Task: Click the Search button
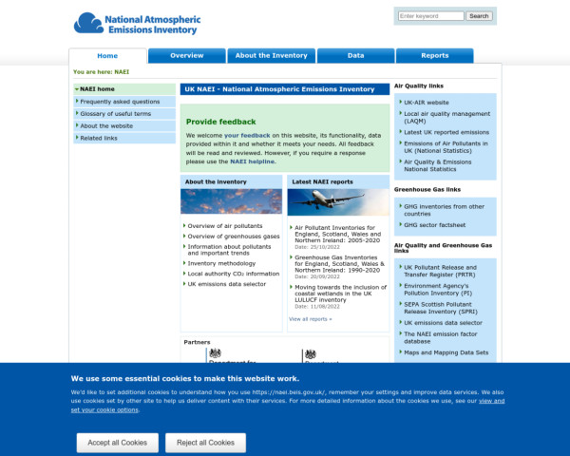coord(479,16)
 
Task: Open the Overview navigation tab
coord(187,56)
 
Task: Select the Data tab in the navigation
coord(355,56)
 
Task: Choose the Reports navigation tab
coord(435,56)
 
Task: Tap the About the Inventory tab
coord(271,56)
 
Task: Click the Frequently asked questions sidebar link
coord(120,101)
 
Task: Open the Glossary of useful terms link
coord(115,113)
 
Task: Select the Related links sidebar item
coord(99,138)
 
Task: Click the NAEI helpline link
coord(252,161)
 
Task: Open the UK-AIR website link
coord(426,102)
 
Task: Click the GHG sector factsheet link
coord(435,225)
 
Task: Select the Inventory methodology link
coord(221,263)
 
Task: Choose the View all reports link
coord(311,319)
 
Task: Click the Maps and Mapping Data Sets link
coord(446,352)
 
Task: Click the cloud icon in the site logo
coord(89,22)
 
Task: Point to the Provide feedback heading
coord(220,122)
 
